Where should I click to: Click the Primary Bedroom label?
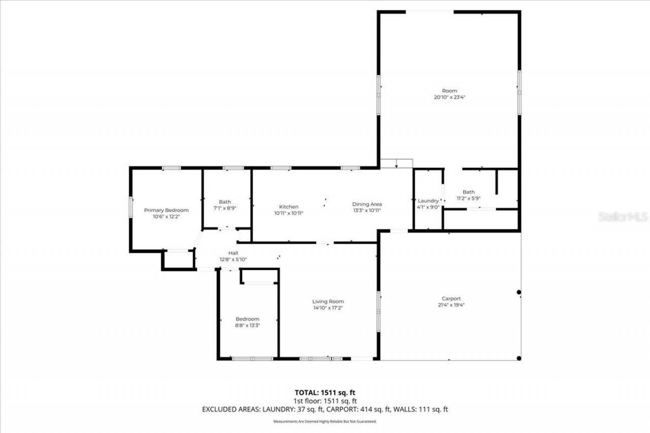tap(166, 210)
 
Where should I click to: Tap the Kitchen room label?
tap(288, 207)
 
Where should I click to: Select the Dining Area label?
tap(367, 204)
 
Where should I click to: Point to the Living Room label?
tap(328, 302)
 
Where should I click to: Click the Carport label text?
tap(451, 299)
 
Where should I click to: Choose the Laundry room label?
tap(428, 201)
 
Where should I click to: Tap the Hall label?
tap(233, 253)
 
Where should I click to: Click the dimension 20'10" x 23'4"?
tap(449, 97)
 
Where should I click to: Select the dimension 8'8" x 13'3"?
tap(247, 325)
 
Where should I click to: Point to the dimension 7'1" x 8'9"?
tap(224, 208)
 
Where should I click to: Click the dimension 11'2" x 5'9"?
tap(469, 198)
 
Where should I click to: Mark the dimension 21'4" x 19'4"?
tap(451, 305)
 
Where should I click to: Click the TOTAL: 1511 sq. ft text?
tap(325, 392)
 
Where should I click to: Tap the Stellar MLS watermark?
tap(623, 217)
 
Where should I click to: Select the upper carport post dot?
tap(518, 292)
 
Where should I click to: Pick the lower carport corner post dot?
tap(518, 358)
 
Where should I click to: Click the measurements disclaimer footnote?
tap(325, 421)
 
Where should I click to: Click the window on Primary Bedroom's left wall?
tap(131, 207)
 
